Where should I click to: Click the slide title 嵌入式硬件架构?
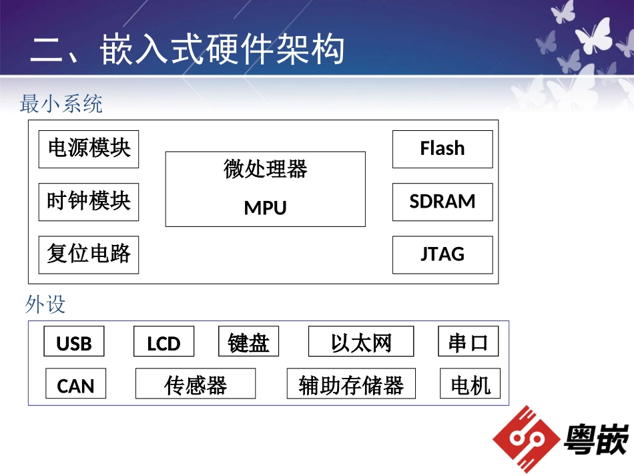click(x=188, y=50)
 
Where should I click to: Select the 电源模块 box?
click(x=89, y=149)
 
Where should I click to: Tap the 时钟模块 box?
click(x=89, y=202)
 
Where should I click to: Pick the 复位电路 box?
click(x=89, y=254)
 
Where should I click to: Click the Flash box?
click(x=442, y=149)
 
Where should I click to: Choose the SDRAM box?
click(x=442, y=202)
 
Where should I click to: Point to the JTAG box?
click(x=442, y=254)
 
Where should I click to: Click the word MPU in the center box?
click(x=265, y=208)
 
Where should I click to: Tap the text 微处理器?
click(x=265, y=170)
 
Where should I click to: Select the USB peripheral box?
click(x=74, y=342)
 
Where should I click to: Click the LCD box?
click(x=164, y=342)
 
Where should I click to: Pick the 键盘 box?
click(x=248, y=342)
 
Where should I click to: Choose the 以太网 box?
click(x=361, y=342)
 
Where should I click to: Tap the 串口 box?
click(x=468, y=342)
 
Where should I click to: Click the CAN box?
click(x=75, y=384)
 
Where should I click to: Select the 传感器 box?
click(x=196, y=384)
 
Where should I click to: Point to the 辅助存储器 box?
click(x=351, y=384)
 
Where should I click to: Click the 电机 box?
click(x=470, y=384)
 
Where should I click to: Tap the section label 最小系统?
click(x=61, y=104)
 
